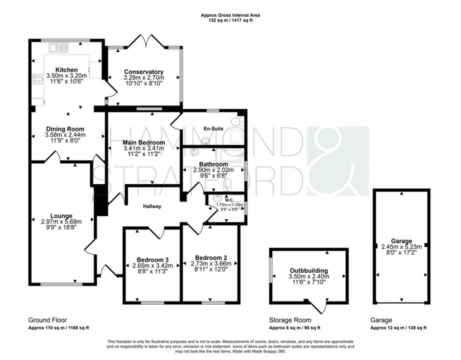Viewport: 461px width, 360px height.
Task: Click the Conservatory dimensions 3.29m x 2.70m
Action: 144,78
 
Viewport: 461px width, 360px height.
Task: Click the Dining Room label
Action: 65,129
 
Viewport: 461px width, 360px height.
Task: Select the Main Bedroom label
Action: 144,142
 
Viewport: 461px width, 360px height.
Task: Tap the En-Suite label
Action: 213,128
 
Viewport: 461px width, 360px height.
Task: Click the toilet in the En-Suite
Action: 241,121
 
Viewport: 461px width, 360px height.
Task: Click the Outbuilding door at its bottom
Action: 321,308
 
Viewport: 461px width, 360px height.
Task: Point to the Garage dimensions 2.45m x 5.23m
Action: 401,247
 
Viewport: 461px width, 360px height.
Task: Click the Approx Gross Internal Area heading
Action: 230,15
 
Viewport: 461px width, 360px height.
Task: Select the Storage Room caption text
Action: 284,320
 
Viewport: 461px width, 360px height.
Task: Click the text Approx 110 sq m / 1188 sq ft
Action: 59,328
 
